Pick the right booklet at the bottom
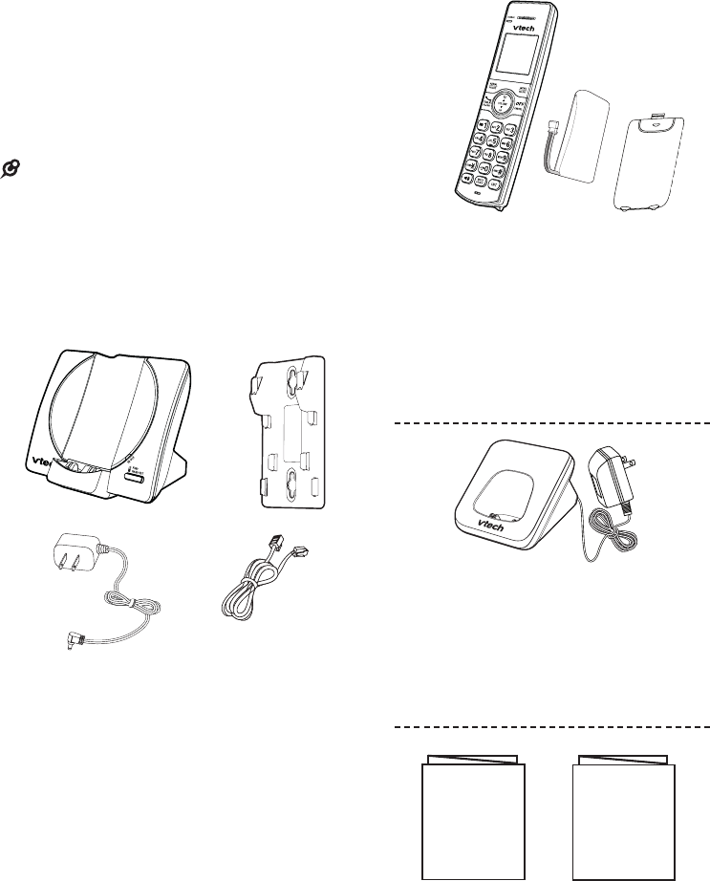click(624, 814)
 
